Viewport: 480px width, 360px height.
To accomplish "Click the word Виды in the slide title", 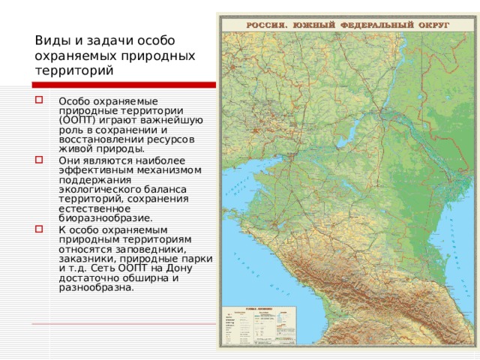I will tap(49, 40).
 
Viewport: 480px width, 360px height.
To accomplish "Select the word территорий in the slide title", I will tap(73, 71).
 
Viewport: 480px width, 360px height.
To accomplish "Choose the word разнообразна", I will tap(97, 287).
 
